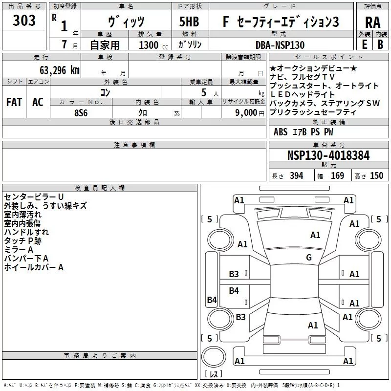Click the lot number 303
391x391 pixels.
[x=24, y=21]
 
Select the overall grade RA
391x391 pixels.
[x=373, y=22]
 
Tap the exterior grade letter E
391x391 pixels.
[x=364, y=44]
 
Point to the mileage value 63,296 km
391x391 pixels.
[x=54, y=70]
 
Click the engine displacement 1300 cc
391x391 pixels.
[x=149, y=45]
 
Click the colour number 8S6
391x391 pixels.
[x=81, y=112]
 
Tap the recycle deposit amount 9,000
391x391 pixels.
[x=249, y=112]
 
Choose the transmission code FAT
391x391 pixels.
[x=14, y=102]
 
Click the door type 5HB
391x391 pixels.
[x=189, y=22]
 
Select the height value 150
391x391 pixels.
[x=376, y=176]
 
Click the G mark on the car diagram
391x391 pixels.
[x=309, y=258]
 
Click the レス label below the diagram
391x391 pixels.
[x=214, y=374]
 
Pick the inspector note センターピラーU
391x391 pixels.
[x=34, y=196]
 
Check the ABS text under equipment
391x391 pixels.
[x=281, y=132]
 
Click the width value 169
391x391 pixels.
[x=337, y=176]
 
